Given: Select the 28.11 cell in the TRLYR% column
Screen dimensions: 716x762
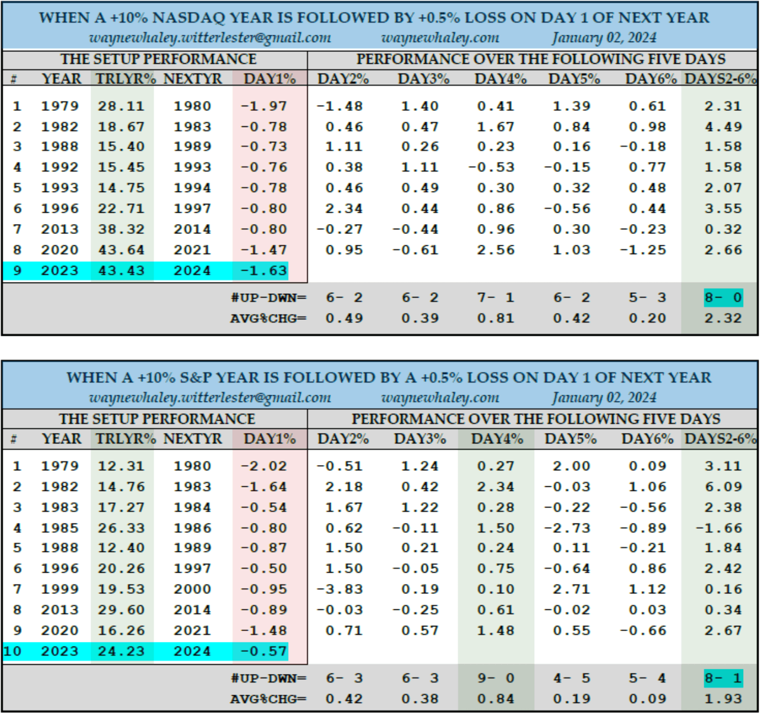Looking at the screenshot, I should pyautogui.click(x=121, y=106).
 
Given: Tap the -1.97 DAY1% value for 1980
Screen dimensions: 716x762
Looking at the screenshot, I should pyautogui.click(x=264, y=106).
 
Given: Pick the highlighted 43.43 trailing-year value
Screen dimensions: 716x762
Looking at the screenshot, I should pyautogui.click(x=121, y=271).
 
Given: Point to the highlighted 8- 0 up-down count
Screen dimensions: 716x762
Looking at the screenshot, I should pyautogui.click(x=723, y=298).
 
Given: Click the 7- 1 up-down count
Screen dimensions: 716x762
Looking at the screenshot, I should pyautogui.click(x=495, y=298).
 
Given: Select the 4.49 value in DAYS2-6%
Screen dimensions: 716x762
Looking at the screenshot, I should pyautogui.click(x=723, y=127).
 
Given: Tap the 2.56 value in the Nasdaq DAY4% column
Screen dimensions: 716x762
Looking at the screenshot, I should pyautogui.click(x=495, y=250).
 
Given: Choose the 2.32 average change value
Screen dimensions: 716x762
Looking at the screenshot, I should pyautogui.click(x=723, y=318).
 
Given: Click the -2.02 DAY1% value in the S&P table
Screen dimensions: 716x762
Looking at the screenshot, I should pyautogui.click(x=264, y=466).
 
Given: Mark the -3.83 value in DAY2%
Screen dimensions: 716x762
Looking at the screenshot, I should pyautogui.click(x=340, y=589).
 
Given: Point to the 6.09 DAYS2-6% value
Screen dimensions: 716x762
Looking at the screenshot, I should pyautogui.click(x=723, y=487).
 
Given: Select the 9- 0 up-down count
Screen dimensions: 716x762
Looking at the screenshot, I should pyautogui.click(x=495, y=678).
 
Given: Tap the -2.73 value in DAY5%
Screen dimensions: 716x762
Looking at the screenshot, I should pyautogui.click(x=567, y=528).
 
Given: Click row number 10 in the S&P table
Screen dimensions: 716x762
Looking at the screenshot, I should pyautogui.click(x=13, y=651).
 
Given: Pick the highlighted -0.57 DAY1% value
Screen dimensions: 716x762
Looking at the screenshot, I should pyautogui.click(x=264, y=651).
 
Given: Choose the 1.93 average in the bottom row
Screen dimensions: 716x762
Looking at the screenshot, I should pyautogui.click(x=723, y=699).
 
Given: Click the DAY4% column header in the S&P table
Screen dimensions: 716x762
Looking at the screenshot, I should pyautogui.click(x=497, y=439).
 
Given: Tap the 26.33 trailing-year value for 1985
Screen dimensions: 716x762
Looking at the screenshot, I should pyautogui.click(x=121, y=528).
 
